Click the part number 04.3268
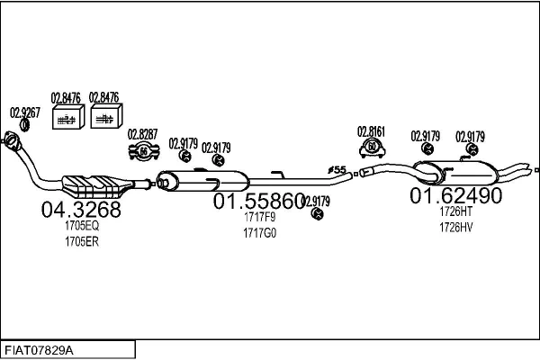coord(81,210)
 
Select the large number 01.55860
coord(258,202)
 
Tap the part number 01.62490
coord(455,195)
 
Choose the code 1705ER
coord(81,242)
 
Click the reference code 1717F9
coord(259,218)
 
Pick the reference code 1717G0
coord(259,233)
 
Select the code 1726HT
coord(455,211)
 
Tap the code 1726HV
coord(455,227)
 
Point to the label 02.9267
coord(24,112)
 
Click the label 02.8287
coord(142,134)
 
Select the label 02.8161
coord(371,130)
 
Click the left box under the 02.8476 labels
coord(66,118)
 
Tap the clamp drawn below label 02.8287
coord(142,151)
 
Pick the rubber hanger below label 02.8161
coord(371,148)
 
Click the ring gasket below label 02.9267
coord(25,124)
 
